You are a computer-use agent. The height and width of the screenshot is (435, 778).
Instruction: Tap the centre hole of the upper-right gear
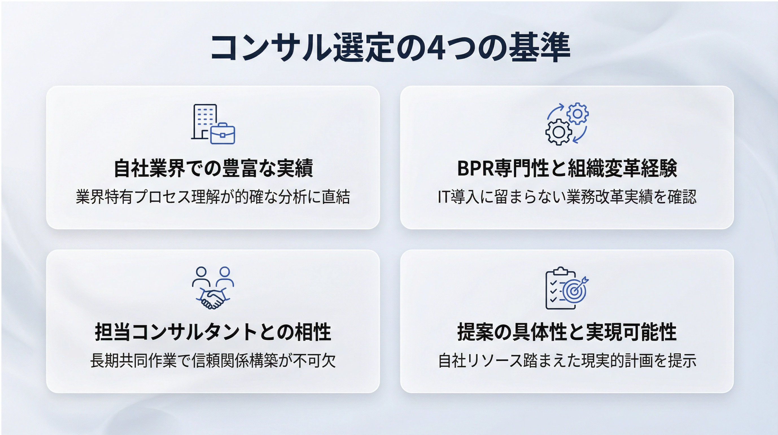coord(577,114)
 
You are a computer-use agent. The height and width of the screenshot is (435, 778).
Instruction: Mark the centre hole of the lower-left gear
coord(559,132)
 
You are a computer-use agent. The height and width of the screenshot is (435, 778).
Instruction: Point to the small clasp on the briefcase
coord(222,135)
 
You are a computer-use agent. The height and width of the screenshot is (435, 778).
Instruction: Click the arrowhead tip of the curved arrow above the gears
coord(563,106)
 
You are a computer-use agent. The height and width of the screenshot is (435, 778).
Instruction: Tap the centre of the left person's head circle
coord(201,271)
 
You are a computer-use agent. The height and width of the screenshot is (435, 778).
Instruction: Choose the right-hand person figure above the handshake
coord(225,277)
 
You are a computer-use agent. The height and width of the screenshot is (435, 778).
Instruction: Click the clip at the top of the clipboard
coord(561,271)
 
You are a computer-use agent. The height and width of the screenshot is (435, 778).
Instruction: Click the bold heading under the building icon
coord(213,168)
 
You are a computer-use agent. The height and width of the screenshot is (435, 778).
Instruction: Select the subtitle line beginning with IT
coord(567,197)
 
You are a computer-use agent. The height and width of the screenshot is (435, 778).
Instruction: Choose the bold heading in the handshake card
coord(213,332)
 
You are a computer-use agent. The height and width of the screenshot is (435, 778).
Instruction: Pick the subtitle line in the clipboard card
coord(567,360)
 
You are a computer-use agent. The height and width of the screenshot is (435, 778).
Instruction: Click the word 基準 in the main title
coord(539,48)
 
